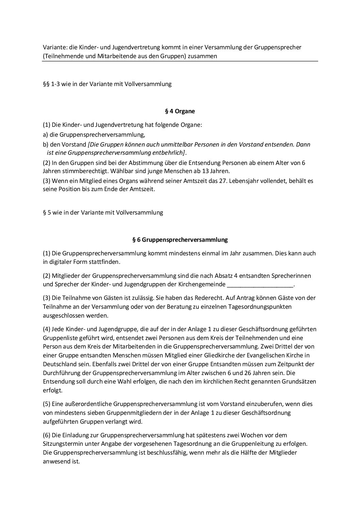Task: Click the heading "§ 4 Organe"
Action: (x=180, y=111)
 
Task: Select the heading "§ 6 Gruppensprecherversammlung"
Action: (x=180, y=240)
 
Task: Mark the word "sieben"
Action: (x=86, y=413)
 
